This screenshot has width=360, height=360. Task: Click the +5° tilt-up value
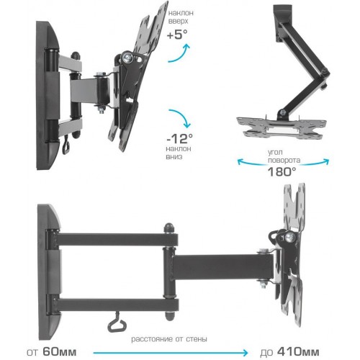(x=177, y=35)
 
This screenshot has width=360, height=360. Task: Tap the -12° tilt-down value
(x=179, y=138)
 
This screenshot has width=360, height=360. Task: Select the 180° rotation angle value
(x=282, y=171)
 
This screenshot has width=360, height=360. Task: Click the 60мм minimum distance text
(x=60, y=352)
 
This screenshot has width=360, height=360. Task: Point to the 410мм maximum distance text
(x=298, y=352)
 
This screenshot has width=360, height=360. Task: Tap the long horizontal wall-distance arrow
(x=171, y=353)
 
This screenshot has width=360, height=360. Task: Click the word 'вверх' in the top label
(x=178, y=21)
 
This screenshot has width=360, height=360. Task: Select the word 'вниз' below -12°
(x=174, y=157)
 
